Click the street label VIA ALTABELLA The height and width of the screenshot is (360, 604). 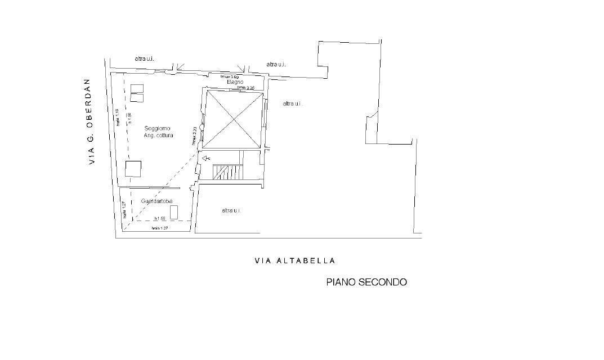click(295, 260)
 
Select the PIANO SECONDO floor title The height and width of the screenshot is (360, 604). click(366, 282)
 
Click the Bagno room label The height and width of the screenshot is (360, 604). click(235, 82)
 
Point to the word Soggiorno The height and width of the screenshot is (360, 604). click(157, 128)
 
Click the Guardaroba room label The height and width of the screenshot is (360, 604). click(157, 201)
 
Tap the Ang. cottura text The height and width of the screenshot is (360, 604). click(158, 136)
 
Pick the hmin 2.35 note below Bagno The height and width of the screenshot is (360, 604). click(246, 88)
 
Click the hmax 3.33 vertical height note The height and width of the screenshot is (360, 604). click(194, 136)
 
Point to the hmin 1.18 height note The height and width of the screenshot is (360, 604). click(117, 118)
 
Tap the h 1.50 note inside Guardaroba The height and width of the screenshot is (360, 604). click(160, 218)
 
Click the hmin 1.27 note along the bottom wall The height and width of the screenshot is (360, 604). click(160, 228)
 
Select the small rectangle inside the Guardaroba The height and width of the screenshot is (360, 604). click(174, 212)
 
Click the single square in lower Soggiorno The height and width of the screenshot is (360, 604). click(133, 168)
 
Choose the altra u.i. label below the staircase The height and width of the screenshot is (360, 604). click(231, 210)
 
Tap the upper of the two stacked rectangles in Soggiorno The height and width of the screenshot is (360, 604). click(137, 88)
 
